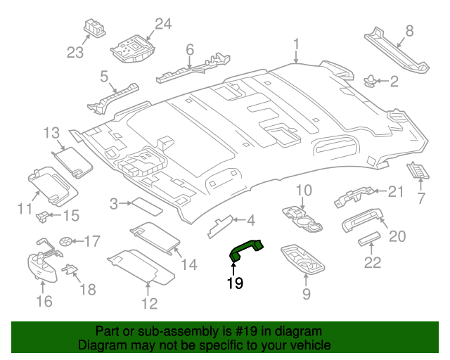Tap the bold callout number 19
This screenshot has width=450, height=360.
coord(234,283)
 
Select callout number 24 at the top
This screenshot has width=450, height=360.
coord(162,25)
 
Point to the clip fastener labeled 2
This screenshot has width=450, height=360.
coord(369,81)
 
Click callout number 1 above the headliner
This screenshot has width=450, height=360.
coord(296,45)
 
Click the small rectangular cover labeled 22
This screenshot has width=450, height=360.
coord(370,242)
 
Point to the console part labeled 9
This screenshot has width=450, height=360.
coord(304,259)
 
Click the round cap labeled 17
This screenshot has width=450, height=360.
coord(66,241)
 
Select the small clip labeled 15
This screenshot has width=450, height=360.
coord(44,214)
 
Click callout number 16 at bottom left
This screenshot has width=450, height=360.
coord(44,302)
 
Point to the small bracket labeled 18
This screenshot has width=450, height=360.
coord(70,269)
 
